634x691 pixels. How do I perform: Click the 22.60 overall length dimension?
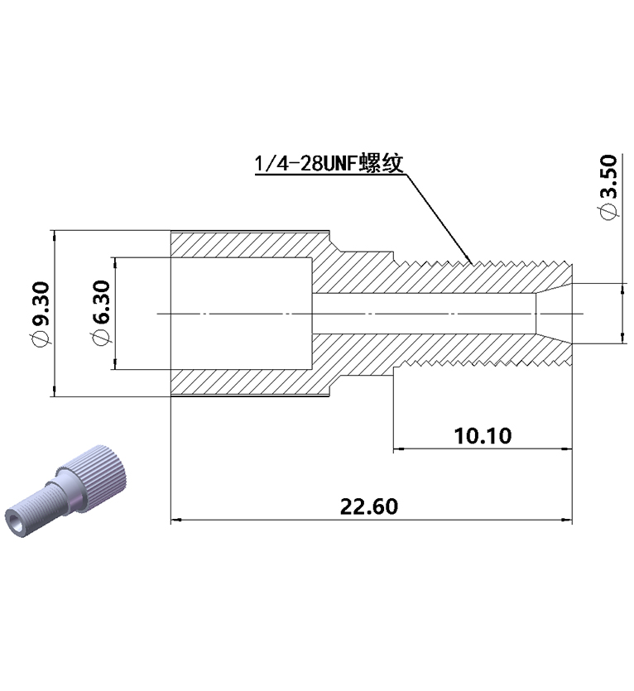point(369,506)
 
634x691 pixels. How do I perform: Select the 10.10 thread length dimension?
point(483,435)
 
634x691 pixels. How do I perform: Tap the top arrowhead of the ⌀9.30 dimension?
point(54,234)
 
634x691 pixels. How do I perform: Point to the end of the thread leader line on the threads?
point(473,262)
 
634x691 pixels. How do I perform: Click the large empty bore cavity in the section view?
point(242,313)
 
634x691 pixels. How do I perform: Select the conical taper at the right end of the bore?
point(552,313)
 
